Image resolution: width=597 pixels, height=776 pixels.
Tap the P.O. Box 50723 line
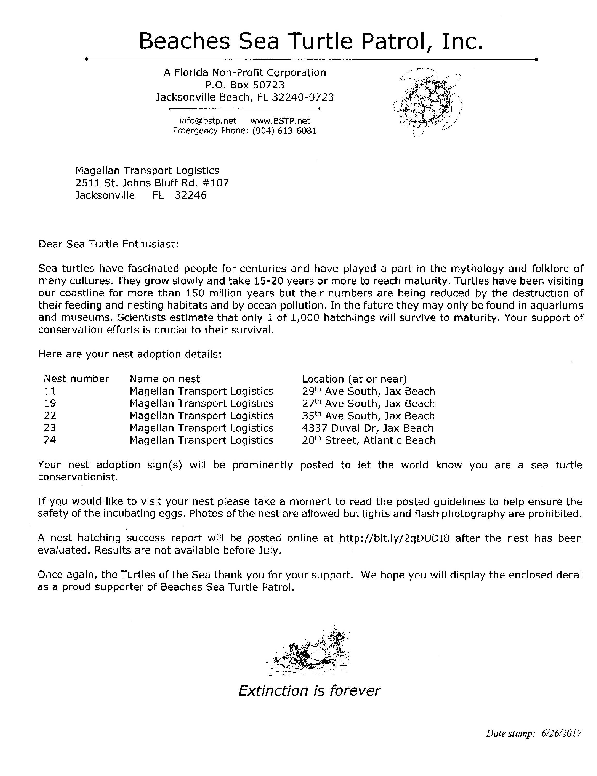coord(245,85)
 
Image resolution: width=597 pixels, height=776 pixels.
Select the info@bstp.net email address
coord(208,121)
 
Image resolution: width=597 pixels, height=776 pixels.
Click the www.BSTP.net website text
coord(280,121)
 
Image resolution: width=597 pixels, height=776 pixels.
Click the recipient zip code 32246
coord(190,195)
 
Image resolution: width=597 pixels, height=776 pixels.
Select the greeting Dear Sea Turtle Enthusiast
coord(108,244)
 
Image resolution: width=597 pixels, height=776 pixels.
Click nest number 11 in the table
coord(50,391)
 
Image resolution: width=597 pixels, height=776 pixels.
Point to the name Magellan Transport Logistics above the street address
coord(147,171)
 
